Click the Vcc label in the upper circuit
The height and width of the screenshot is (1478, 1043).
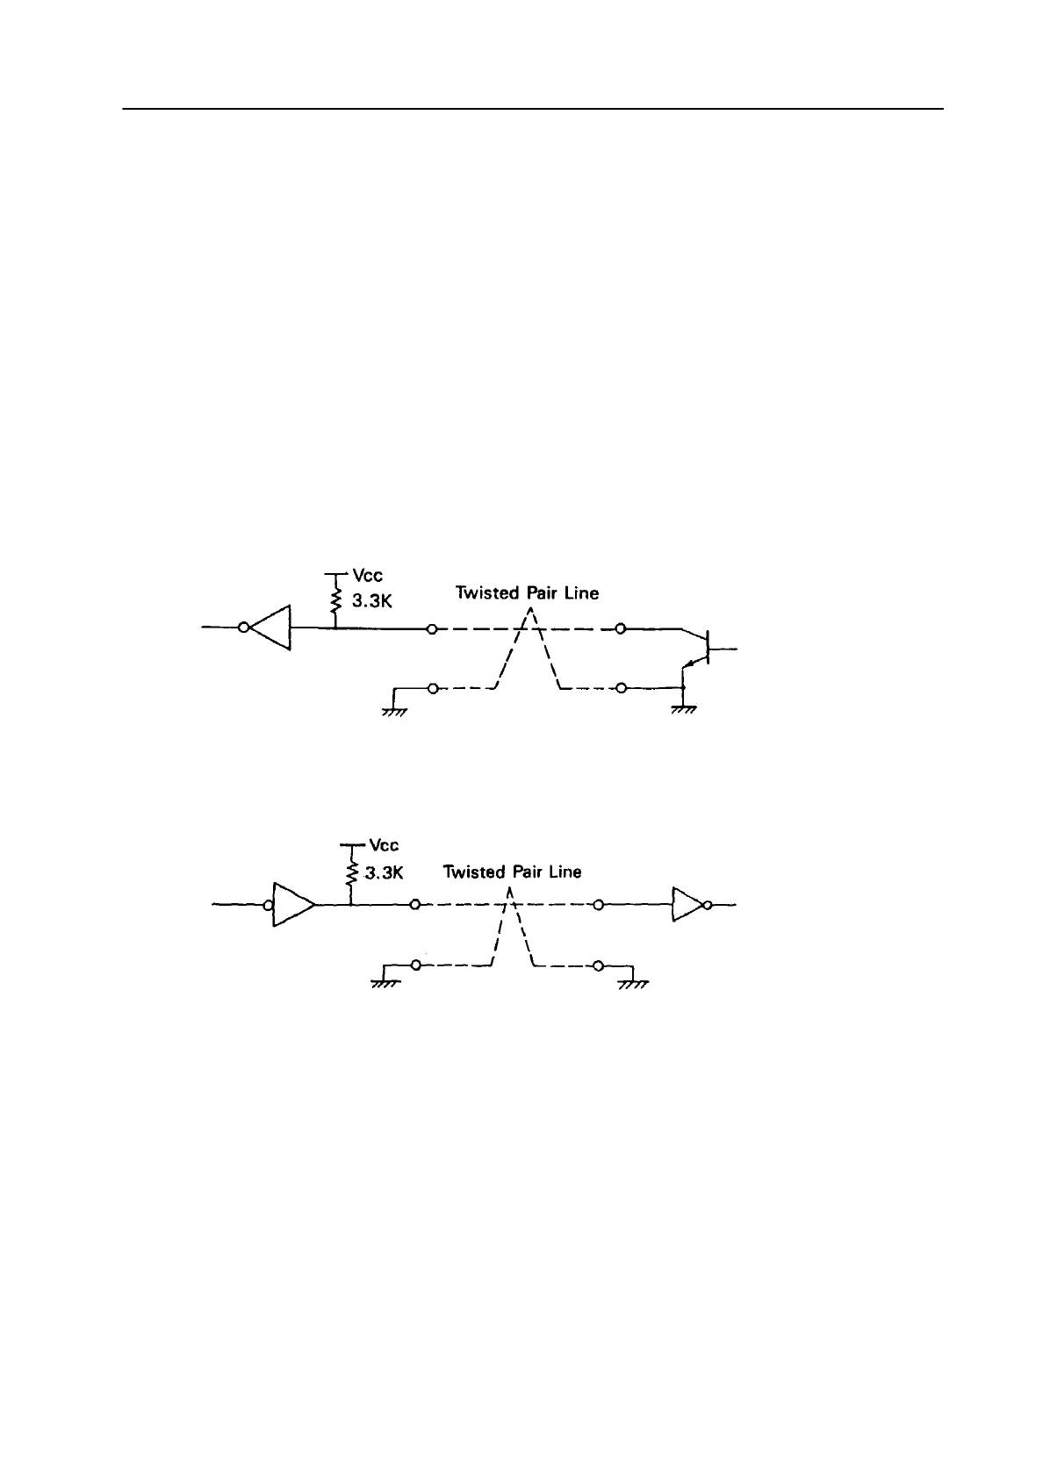click(367, 577)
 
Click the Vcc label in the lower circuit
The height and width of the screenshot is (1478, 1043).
click(384, 845)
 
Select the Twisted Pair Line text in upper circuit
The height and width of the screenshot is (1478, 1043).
click(527, 593)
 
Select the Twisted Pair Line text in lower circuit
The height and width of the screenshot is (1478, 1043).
click(512, 872)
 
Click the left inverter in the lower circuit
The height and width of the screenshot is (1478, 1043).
click(291, 904)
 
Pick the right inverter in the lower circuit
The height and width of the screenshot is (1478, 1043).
click(687, 904)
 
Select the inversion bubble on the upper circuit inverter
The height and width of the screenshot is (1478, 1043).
click(243, 628)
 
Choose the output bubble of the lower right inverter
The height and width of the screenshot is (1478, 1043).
click(708, 904)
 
